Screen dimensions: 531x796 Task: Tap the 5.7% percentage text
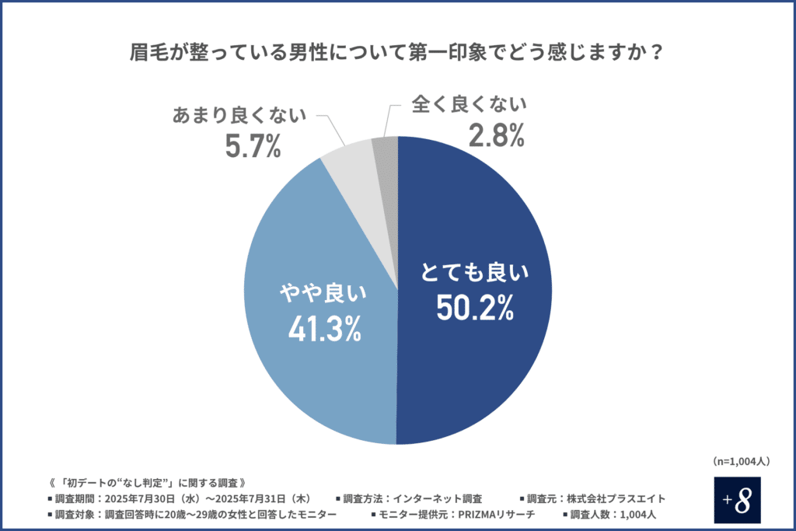[x=253, y=145]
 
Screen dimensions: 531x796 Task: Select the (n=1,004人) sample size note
[x=741, y=461]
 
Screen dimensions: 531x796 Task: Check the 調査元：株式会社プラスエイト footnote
[x=596, y=498]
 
